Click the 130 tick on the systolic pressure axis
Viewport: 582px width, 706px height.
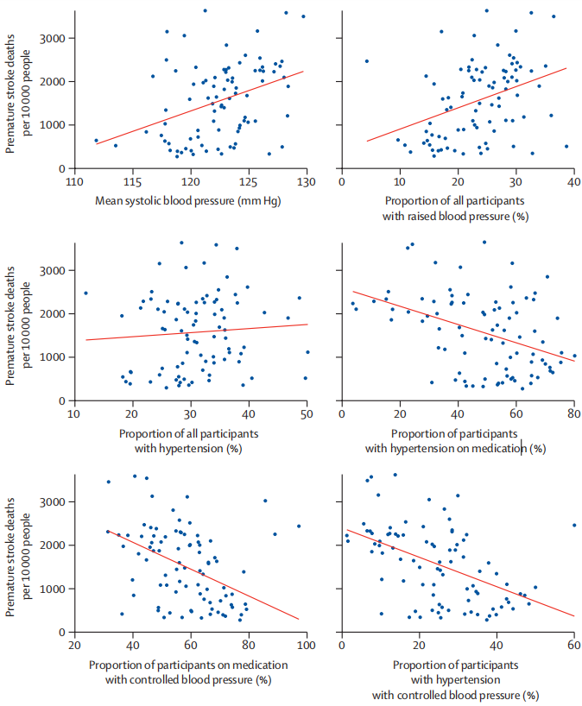pos(307,182)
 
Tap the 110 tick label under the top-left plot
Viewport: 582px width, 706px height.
pos(74,182)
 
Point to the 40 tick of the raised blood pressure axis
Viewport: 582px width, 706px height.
pos(573,182)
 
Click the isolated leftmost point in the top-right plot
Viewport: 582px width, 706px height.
pos(366,61)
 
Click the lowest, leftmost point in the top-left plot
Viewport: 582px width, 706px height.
pos(96,141)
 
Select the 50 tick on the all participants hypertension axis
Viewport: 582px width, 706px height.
pos(307,414)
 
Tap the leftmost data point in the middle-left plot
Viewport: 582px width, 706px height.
pos(85,293)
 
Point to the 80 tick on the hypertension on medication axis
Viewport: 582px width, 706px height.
pos(573,414)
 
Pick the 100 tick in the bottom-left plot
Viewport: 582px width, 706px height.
pos(307,646)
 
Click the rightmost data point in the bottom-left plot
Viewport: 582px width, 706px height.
pos(299,526)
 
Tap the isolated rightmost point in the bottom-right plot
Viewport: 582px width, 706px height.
pos(573,525)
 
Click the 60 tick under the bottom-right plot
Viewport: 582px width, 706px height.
pos(573,646)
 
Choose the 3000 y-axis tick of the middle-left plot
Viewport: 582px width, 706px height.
pos(54,271)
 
